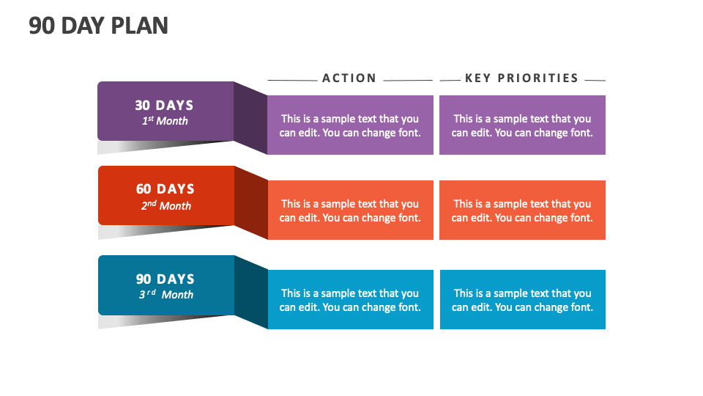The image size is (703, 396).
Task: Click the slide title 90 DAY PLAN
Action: [x=99, y=26]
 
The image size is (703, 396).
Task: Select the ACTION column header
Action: [x=349, y=78]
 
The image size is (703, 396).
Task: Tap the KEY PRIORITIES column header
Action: [x=521, y=78]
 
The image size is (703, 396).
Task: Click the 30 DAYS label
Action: [x=165, y=106]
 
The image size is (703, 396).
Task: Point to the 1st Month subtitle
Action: [x=165, y=121]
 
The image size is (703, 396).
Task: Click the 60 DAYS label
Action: [x=165, y=189]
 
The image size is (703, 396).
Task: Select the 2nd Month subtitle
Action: [x=165, y=206]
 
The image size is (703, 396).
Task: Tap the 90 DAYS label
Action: [x=165, y=279]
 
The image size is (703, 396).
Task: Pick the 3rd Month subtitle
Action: [x=166, y=295]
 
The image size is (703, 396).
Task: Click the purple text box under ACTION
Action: [x=350, y=125]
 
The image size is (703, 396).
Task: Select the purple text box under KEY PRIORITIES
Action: [x=522, y=125]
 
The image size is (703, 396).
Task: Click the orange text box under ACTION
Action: [x=350, y=210]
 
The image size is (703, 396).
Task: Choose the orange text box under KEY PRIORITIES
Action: [x=522, y=210]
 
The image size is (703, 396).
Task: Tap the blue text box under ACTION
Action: [x=350, y=300]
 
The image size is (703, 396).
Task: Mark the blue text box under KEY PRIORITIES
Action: [x=522, y=300]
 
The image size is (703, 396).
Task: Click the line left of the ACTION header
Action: [x=292, y=80]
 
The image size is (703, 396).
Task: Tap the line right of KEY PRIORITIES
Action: [x=595, y=80]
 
